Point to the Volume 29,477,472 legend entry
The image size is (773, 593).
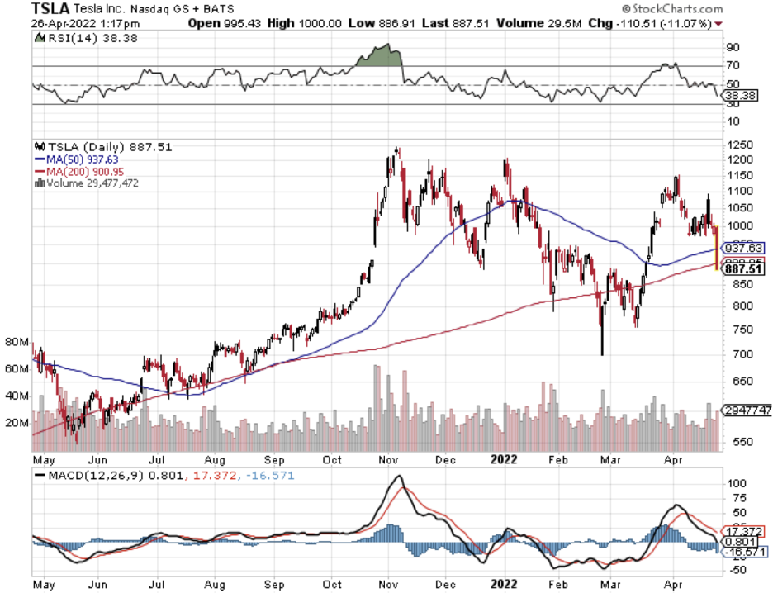click(89, 183)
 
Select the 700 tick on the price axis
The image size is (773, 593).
click(735, 354)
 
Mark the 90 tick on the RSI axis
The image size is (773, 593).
click(732, 48)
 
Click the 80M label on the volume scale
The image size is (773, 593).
click(17, 341)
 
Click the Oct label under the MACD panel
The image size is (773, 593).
click(332, 584)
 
